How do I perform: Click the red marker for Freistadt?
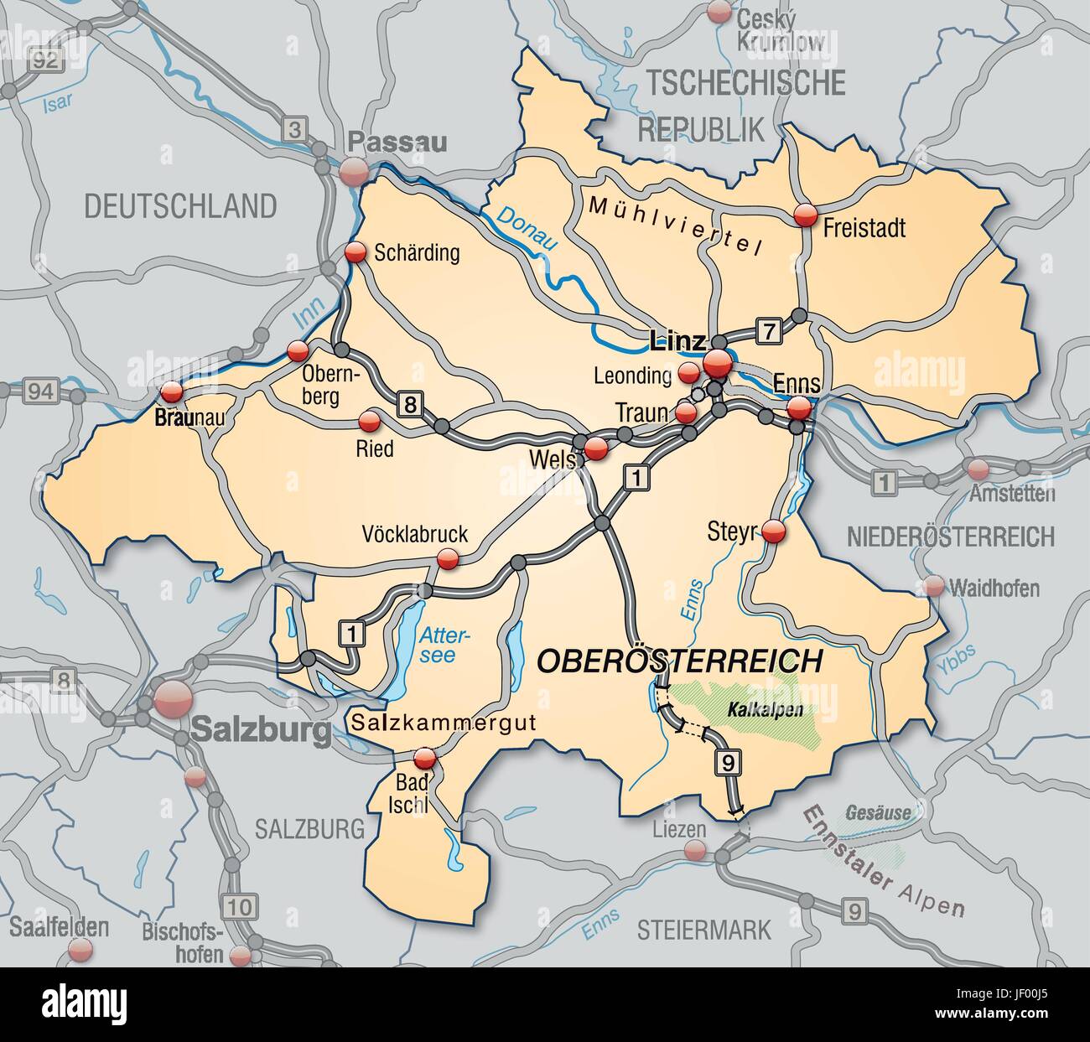[x=805, y=215]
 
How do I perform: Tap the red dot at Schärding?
[x=356, y=251]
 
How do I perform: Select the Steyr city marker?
[x=773, y=531]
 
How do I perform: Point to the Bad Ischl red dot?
[x=427, y=759]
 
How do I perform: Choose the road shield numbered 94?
[x=35, y=390]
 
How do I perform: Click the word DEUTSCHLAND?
[x=179, y=205]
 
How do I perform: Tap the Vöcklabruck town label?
[x=414, y=534]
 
